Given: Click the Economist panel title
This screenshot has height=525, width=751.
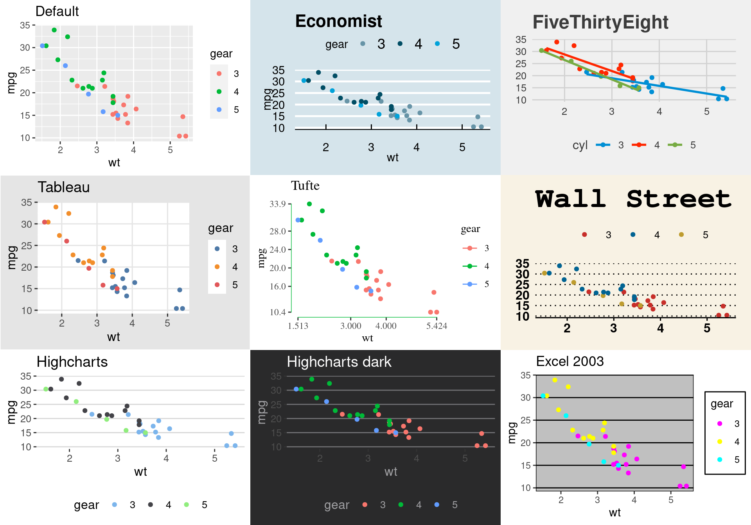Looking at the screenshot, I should [338, 21].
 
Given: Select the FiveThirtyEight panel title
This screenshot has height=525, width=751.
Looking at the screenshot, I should [600, 22].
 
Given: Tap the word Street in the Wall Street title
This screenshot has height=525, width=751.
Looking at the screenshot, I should [679, 199].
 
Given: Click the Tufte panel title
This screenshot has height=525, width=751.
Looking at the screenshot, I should [305, 186].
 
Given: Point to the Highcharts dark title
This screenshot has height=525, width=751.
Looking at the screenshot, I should [339, 362].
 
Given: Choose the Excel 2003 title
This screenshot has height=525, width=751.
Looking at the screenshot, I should [570, 361].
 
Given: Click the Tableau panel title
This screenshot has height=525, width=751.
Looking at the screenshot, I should [64, 187].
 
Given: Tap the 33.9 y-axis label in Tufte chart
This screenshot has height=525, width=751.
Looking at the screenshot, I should [277, 204].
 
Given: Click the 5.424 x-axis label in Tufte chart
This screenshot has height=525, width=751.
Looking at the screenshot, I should [437, 326].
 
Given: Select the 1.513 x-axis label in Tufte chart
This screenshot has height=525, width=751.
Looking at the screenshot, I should [298, 326].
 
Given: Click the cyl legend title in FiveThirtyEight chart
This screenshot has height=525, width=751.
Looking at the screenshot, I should [580, 145].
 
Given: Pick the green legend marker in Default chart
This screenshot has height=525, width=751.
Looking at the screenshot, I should [219, 92].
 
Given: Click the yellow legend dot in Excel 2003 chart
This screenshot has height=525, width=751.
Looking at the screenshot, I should [720, 441].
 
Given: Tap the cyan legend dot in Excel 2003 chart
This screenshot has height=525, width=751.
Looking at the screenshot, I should [720, 459].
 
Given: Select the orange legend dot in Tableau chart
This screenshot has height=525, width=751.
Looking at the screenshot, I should [217, 267].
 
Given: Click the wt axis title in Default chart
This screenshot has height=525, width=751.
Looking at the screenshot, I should [114, 162].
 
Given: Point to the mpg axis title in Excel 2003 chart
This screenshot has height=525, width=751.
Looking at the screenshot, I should [512, 433].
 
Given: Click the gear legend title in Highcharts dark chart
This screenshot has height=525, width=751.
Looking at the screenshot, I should [336, 505].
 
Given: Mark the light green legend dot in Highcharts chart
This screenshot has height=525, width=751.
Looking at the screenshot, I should [187, 505].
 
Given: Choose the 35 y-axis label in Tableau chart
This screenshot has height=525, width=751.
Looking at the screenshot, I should [27, 202].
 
